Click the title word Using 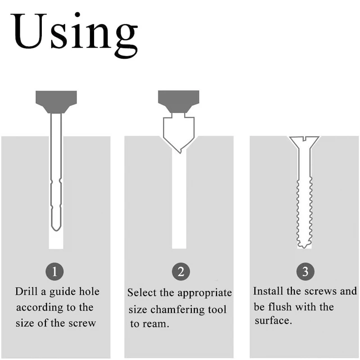pyautogui.click(x=74, y=35)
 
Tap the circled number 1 pyautogui.click(x=54, y=272)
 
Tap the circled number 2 pyautogui.click(x=181, y=272)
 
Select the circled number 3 pyautogui.click(x=305, y=272)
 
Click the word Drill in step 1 pyautogui.click(x=26, y=291)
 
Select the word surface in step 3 pyautogui.click(x=273, y=320)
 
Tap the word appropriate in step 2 pyautogui.click(x=205, y=293)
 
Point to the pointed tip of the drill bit pyautogui.click(x=56, y=231)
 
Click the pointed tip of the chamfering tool pyautogui.click(x=180, y=153)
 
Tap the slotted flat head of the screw pyautogui.click(x=304, y=142)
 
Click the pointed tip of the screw pyautogui.click(x=304, y=248)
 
